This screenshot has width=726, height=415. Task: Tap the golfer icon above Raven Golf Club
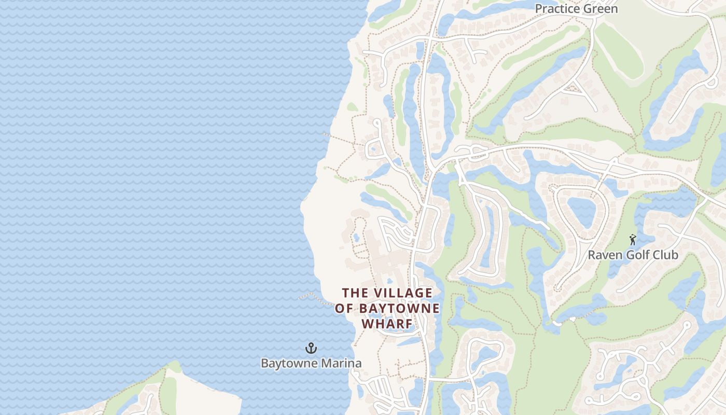[x=632, y=240]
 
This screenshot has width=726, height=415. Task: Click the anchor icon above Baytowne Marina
[x=311, y=348]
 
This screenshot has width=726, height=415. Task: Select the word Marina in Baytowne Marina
[x=342, y=363]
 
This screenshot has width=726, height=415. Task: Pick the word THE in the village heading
[x=354, y=293]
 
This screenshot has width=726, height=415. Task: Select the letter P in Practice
[x=538, y=9]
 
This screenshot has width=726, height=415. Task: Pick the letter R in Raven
[x=591, y=255]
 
